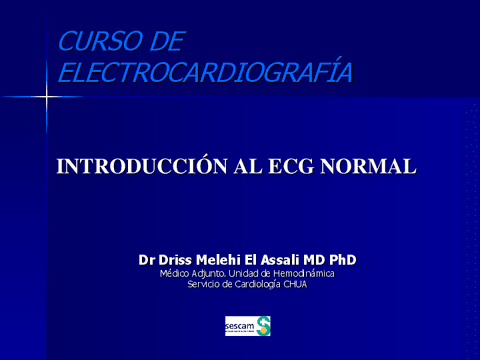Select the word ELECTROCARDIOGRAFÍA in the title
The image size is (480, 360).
[206, 72]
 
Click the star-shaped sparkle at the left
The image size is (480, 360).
[44, 96]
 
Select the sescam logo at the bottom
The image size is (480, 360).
[248, 326]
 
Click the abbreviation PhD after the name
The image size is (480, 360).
[342, 259]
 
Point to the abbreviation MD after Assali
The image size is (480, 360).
[318, 259]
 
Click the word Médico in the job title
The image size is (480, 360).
[177, 273]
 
